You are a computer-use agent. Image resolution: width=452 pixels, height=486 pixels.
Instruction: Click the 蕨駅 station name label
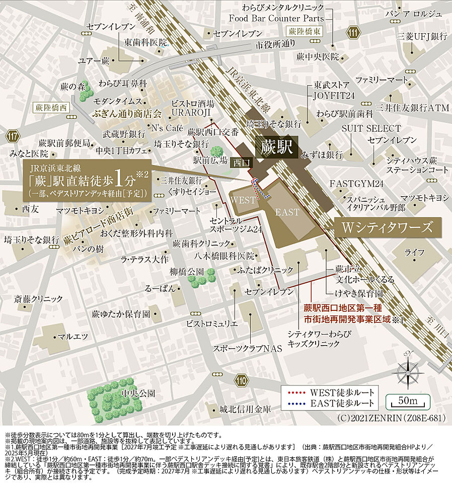click(276, 147)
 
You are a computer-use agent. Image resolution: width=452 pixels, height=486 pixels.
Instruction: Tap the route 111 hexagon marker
click(354, 33)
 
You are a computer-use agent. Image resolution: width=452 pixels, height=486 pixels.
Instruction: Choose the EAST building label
click(286, 212)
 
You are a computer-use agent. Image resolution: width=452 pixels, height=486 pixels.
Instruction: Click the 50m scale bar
click(408, 401)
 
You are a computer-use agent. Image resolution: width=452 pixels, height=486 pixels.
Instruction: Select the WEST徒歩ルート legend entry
click(330, 392)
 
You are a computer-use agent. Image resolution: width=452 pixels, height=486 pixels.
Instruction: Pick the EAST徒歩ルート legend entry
click(330, 403)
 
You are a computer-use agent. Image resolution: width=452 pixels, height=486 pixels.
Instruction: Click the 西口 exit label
click(238, 163)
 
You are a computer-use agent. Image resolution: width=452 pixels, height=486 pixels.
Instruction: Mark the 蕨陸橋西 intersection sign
click(51, 107)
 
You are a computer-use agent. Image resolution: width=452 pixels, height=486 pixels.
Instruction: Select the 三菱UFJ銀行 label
click(422, 36)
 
